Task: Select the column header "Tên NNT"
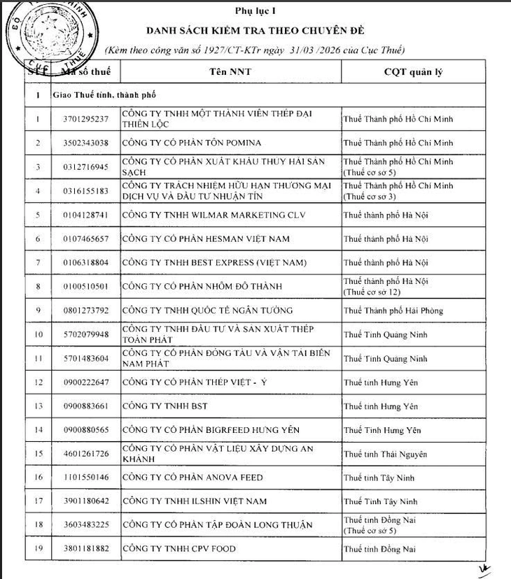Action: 230,71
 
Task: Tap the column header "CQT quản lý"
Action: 412,71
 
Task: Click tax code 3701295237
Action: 85,119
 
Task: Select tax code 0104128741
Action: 85,215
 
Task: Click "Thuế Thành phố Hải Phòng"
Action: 393,310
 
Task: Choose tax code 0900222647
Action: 85,382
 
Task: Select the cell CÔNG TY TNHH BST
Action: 164,406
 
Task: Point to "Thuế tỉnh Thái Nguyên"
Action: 385,454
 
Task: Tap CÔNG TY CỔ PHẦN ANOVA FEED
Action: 192,478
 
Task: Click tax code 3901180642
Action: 85,501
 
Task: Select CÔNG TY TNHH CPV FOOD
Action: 179,549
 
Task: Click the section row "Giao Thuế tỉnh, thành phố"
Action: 104,94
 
